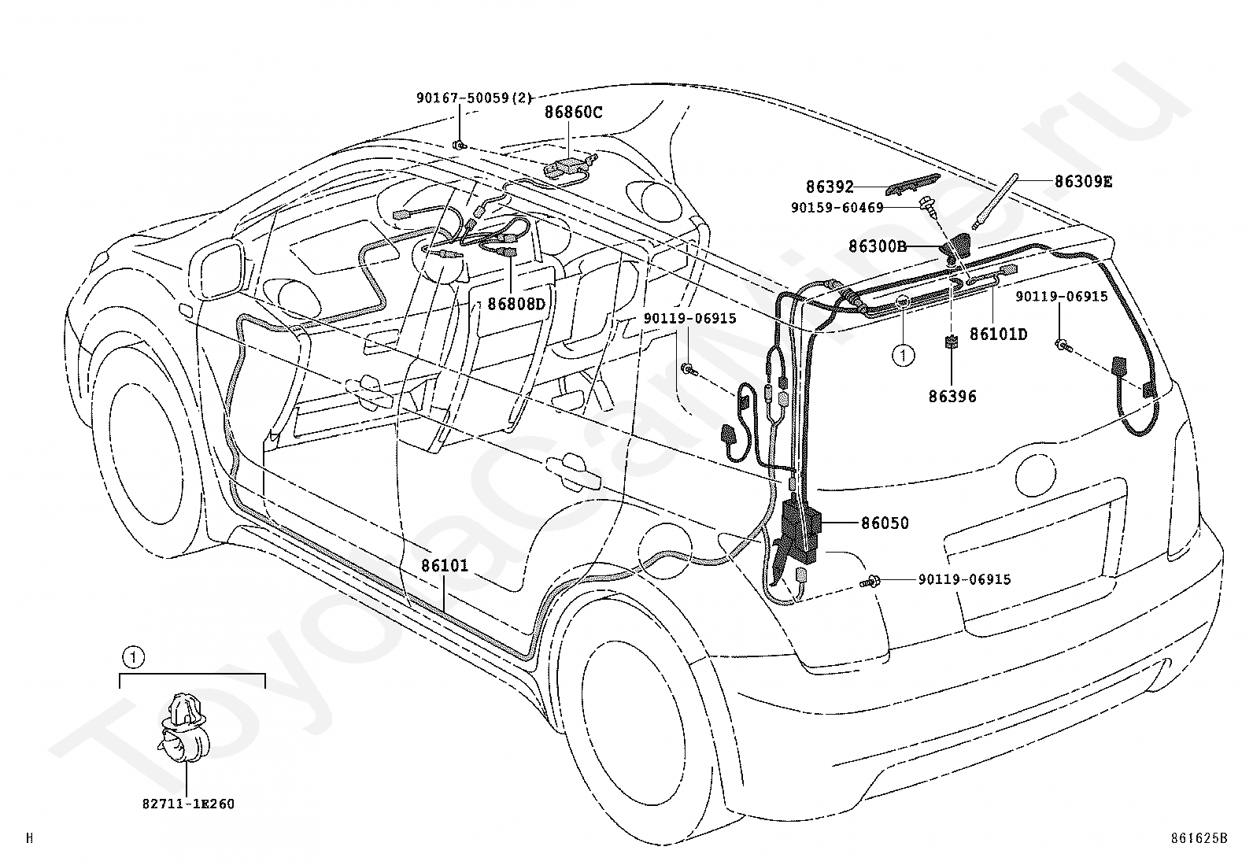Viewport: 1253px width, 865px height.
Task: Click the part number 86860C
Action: (573, 113)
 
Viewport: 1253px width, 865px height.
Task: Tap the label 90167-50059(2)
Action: (475, 98)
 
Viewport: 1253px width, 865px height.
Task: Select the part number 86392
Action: (830, 187)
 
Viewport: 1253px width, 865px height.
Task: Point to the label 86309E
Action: (1084, 181)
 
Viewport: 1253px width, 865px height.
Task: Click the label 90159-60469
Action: (837, 208)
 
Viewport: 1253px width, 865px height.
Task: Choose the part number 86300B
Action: (877, 246)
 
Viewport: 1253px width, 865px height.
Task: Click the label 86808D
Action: (516, 304)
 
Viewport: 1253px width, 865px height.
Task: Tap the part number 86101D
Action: (999, 334)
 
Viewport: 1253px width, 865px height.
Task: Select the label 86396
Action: (952, 397)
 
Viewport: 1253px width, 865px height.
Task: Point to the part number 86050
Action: (885, 523)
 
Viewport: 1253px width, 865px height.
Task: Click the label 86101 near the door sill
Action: (445, 566)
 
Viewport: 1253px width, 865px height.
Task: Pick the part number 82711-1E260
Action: (188, 804)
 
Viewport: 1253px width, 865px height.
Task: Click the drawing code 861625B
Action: (1199, 838)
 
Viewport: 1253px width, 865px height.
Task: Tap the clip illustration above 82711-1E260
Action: (182, 729)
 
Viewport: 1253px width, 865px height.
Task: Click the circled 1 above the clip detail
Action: (133, 657)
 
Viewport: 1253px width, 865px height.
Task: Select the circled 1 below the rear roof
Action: (904, 355)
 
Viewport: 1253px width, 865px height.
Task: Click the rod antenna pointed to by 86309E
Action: (995, 201)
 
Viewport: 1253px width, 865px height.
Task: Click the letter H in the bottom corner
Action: (30, 838)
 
